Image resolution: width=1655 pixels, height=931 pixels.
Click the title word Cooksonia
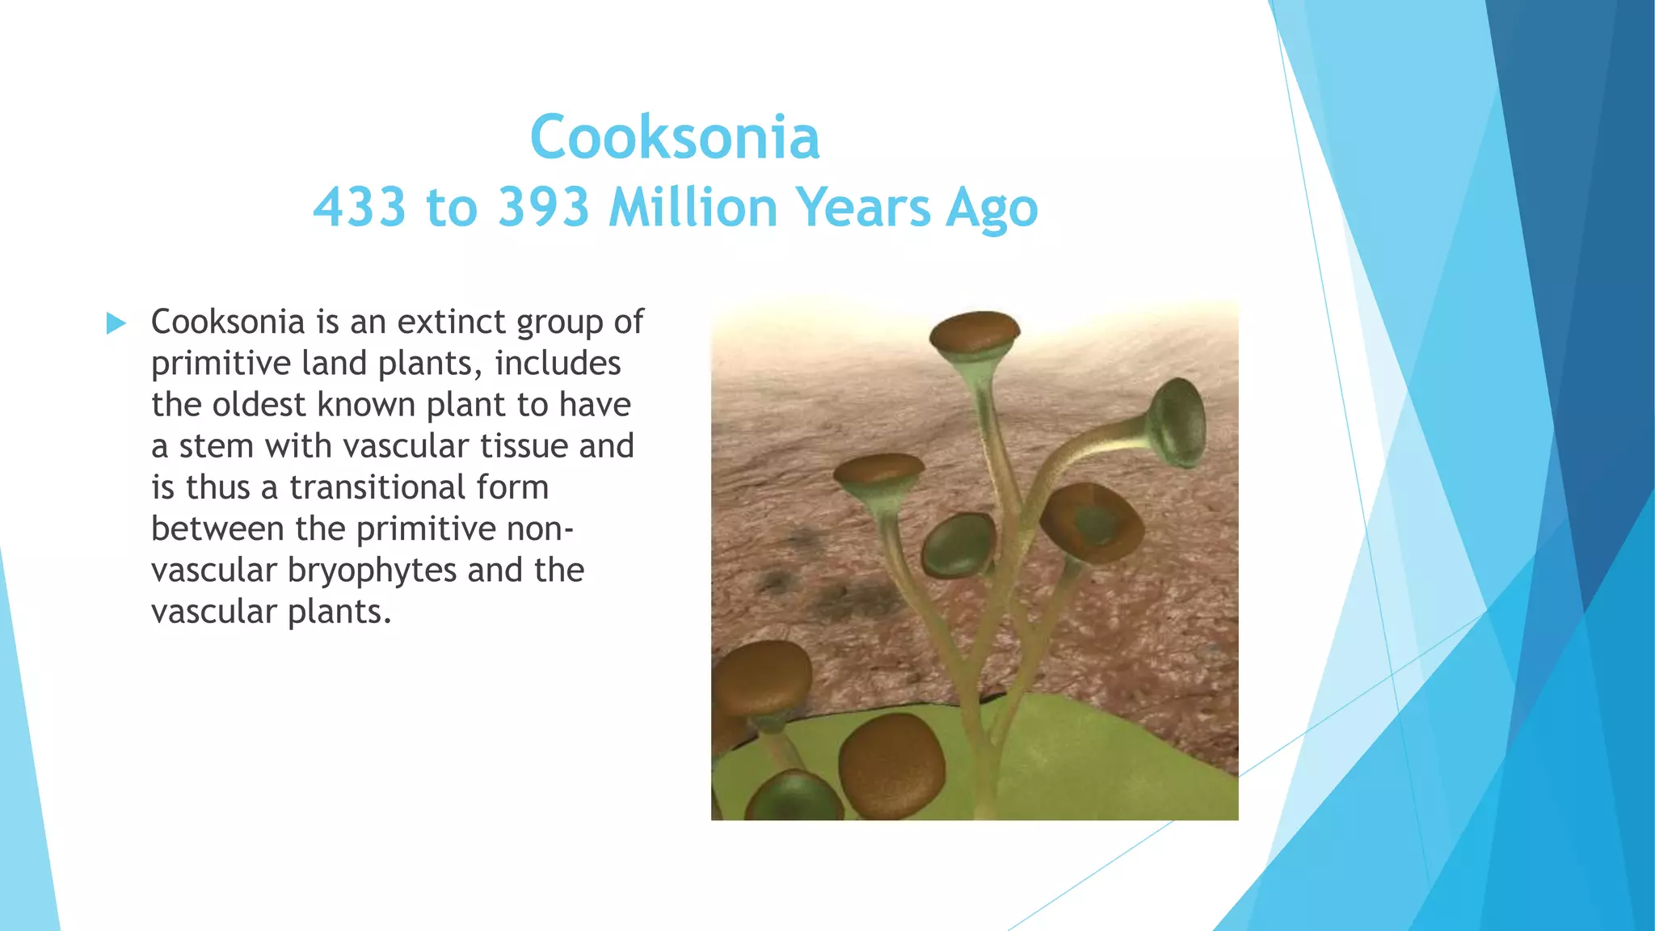(x=675, y=137)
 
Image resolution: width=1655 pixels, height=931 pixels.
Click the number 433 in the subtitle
(x=359, y=207)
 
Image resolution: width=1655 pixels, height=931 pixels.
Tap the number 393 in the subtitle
(x=544, y=207)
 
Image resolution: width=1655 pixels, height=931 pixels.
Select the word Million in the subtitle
(x=693, y=207)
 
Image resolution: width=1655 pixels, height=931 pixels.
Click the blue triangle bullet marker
(x=116, y=324)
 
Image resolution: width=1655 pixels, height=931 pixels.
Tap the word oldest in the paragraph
(x=259, y=404)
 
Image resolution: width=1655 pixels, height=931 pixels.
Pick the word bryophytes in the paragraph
(x=373, y=570)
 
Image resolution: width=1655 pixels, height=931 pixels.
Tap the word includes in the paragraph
(x=558, y=363)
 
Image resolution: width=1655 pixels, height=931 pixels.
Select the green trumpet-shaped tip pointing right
(x=1178, y=422)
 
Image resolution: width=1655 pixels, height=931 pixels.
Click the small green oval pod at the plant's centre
(x=959, y=545)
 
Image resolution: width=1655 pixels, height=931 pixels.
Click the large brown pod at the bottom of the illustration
(x=891, y=764)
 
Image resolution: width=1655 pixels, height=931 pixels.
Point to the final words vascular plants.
(x=271, y=612)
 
